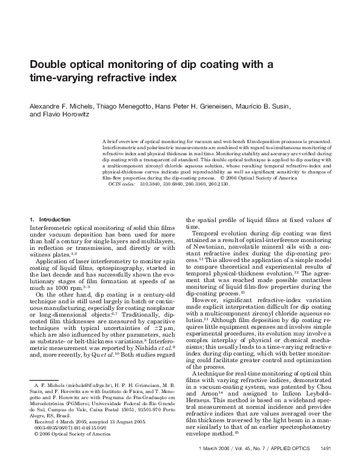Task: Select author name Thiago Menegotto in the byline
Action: click(x=119, y=106)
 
